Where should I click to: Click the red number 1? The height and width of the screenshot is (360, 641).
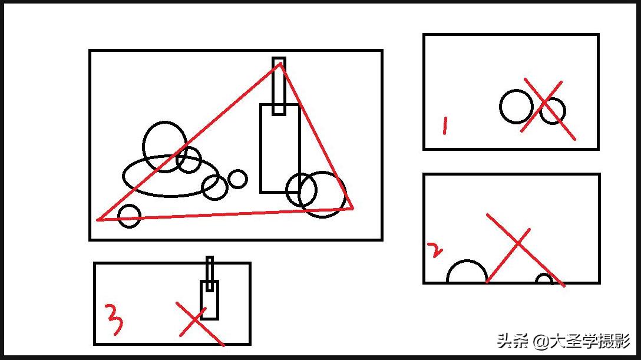tap(445, 126)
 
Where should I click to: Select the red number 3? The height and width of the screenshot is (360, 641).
tap(114, 319)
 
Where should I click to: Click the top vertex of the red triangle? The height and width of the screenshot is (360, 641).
tap(280, 63)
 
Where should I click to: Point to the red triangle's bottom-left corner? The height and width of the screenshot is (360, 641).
tap(97, 220)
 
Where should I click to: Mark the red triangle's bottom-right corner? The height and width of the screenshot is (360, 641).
tap(353, 209)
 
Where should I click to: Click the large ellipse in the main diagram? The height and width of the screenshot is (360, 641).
tap(123, 176)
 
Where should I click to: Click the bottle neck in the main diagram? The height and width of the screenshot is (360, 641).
tap(273, 86)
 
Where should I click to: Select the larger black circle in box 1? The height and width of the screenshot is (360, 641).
tap(500, 107)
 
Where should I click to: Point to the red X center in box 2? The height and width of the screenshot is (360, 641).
tap(518, 243)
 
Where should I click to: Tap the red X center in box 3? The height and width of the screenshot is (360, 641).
tap(196, 319)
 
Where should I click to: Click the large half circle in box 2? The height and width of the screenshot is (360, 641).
tap(467, 260)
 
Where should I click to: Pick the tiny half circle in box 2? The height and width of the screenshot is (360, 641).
tap(544, 275)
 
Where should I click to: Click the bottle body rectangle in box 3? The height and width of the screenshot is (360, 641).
tap(201, 299)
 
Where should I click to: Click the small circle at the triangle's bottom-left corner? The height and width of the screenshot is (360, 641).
tap(129, 205)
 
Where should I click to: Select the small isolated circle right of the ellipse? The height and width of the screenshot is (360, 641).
tap(237, 170)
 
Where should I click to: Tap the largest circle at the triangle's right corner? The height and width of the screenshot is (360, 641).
tap(322, 173)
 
